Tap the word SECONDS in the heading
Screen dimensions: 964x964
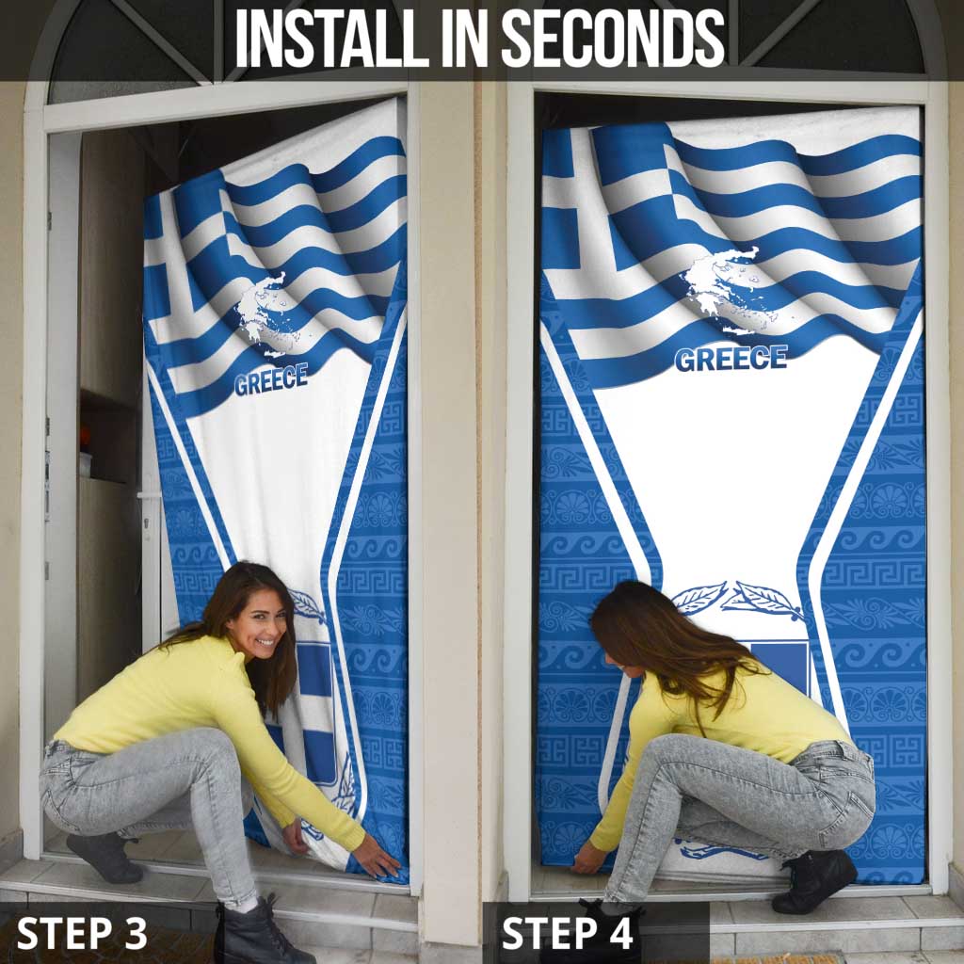click(614, 38)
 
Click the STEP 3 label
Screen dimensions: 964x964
click(82, 933)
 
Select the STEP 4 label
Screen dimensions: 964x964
click(567, 933)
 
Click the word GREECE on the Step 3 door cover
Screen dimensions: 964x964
click(271, 378)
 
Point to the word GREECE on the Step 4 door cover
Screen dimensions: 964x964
click(731, 359)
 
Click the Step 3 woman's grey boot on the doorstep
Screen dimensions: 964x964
click(104, 857)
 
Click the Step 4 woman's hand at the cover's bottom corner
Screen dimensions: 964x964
click(588, 858)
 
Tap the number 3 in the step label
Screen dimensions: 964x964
click(135, 933)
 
